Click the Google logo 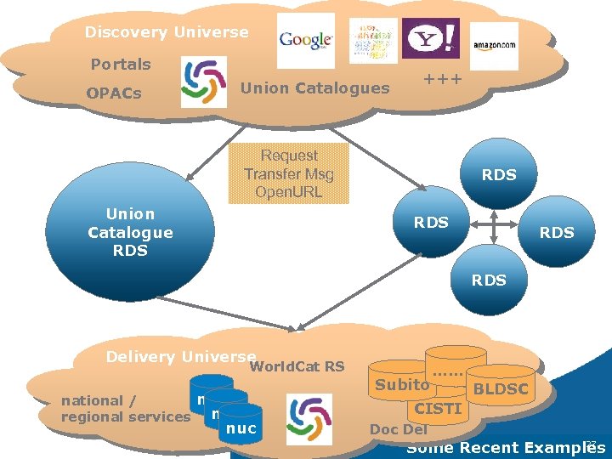[x=306, y=41]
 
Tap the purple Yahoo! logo [x=431, y=39]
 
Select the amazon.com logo [x=494, y=46]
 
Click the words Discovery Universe [x=167, y=32]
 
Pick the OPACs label [x=114, y=93]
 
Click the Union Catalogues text [x=315, y=88]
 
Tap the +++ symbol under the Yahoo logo [x=442, y=79]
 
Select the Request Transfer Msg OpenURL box [x=289, y=173]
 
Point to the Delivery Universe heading [x=180, y=357]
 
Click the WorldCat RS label [x=297, y=366]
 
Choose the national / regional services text [x=125, y=408]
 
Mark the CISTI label [x=437, y=409]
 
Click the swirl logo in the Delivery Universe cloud [x=309, y=418]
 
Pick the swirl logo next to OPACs [x=204, y=82]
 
